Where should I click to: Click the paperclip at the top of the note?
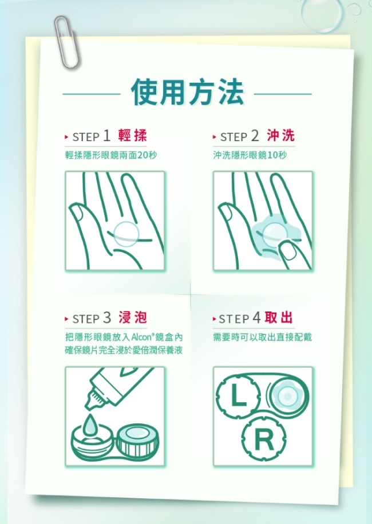coord(67,42)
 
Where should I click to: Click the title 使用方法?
coord(187,92)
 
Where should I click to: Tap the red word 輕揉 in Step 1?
coord(133,135)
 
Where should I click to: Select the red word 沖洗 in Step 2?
coord(280,135)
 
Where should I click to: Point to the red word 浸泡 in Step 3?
coord(133,318)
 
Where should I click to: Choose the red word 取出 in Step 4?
coord(279,318)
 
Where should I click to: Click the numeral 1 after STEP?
coord(106,136)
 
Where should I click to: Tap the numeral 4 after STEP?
coord(256,318)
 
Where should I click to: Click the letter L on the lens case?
coord(239,396)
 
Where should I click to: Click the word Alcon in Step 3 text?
coord(143,337)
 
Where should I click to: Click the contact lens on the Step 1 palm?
coord(126,234)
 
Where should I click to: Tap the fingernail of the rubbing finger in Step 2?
coord(288,251)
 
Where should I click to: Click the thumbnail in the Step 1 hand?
coord(77,213)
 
